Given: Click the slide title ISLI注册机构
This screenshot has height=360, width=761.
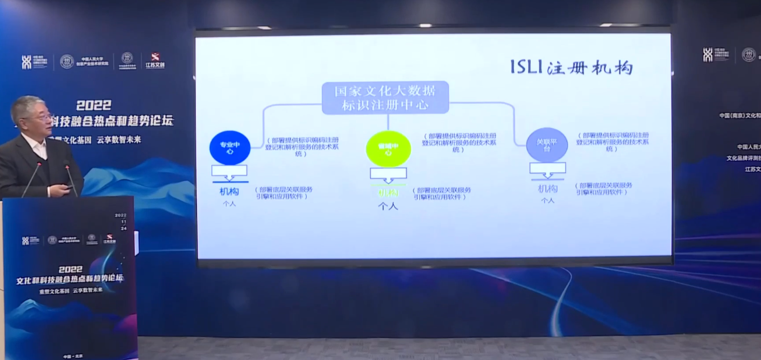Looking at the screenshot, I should [x=571, y=68].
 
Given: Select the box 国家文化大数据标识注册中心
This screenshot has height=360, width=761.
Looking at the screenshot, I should [x=385, y=98].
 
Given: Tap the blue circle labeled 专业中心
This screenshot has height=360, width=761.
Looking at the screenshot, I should [x=230, y=147].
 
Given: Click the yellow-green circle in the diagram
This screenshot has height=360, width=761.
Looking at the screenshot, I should [x=388, y=148].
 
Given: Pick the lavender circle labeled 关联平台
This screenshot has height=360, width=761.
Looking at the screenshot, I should [x=547, y=144].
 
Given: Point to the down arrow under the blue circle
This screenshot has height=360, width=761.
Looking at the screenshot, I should [x=229, y=172].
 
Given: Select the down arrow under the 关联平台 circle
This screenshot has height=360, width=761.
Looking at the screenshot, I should [x=547, y=169].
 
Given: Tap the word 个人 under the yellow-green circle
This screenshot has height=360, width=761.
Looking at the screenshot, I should [x=388, y=206].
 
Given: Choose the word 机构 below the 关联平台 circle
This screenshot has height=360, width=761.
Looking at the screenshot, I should [x=547, y=189].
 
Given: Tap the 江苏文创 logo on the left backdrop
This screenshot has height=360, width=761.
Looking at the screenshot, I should [x=155, y=61].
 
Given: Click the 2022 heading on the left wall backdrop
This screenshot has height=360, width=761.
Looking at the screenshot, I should [x=94, y=105].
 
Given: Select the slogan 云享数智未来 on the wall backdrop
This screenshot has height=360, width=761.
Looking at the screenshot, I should [x=119, y=140].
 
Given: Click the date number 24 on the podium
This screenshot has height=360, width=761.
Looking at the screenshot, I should [x=122, y=229].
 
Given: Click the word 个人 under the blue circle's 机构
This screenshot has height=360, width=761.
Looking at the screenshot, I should [x=228, y=204].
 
